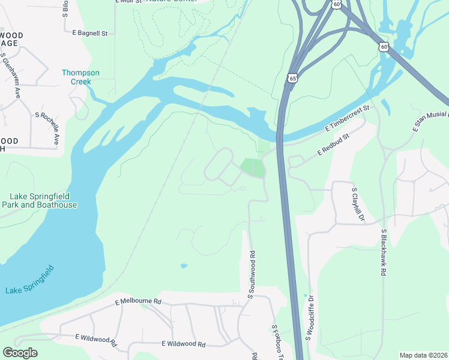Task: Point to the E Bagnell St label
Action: [x=89, y=34]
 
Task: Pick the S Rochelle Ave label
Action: [x=47, y=127]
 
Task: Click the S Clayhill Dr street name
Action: [x=358, y=204]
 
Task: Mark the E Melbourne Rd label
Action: [x=138, y=302]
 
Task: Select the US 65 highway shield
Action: [x=292, y=78]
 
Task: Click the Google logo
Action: [x=20, y=353]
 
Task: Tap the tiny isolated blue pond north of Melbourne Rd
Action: [x=183, y=266]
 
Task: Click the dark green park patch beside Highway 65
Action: [x=253, y=167]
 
